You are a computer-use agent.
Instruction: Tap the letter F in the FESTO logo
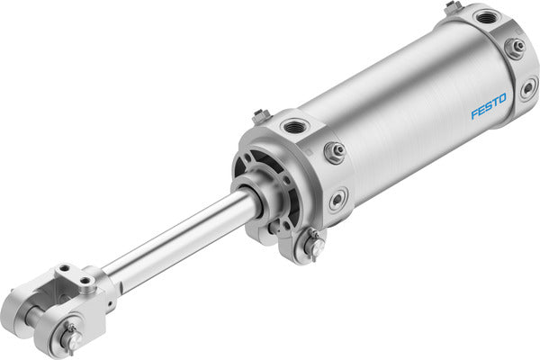click(474, 114)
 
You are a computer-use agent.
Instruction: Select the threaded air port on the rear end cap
click(488, 17)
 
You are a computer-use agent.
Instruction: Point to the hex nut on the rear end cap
click(517, 47)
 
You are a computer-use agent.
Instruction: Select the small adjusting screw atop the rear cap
click(453, 7)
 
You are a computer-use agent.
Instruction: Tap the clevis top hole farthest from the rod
click(66, 270)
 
